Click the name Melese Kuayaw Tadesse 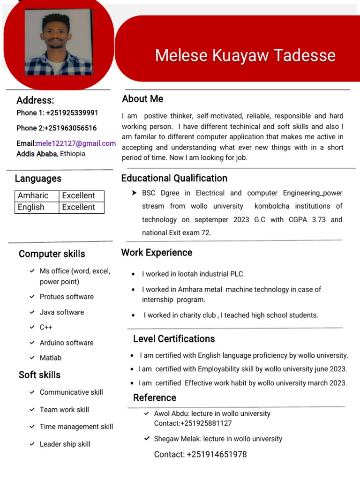pos(245,55)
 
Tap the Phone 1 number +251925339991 pos(72,112)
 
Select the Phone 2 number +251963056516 pos(71,128)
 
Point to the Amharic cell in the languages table pos(33,195)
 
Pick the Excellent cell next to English pos(78,207)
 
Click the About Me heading pos(142,99)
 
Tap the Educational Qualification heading pos(174,178)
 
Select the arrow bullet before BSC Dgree pos(134,193)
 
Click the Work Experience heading pos(157,253)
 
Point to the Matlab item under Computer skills pos(51,358)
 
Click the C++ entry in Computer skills pos(46,327)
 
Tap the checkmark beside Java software pos(32,312)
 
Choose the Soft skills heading pos(39,375)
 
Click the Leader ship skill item pos(65,444)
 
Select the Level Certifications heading pos(174,339)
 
